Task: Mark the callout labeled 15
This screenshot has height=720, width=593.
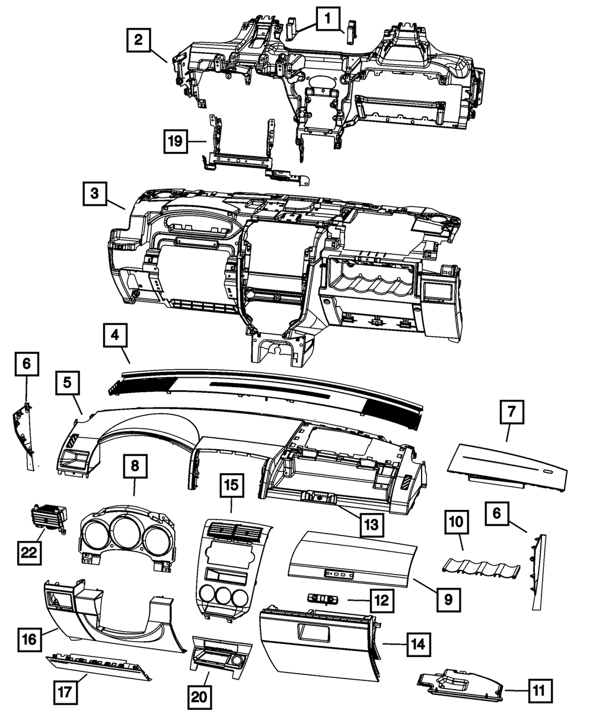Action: coord(232,485)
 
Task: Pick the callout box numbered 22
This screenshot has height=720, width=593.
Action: coord(30,552)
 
